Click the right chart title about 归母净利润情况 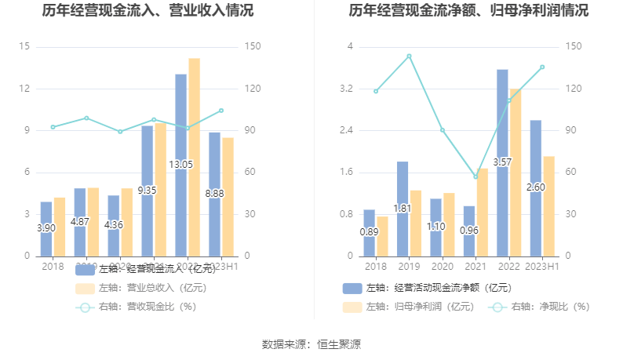click(x=469, y=11)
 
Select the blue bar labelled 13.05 click(x=180, y=165)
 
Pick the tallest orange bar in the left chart click(x=194, y=157)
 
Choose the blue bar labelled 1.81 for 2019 click(x=402, y=209)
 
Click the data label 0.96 click(x=469, y=231)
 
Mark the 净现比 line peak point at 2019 click(x=409, y=56)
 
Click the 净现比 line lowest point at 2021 click(x=475, y=176)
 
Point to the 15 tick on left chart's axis click(x=24, y=47)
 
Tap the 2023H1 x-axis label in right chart click(x=542, y=267)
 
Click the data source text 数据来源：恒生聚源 click(x=311, y=344)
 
